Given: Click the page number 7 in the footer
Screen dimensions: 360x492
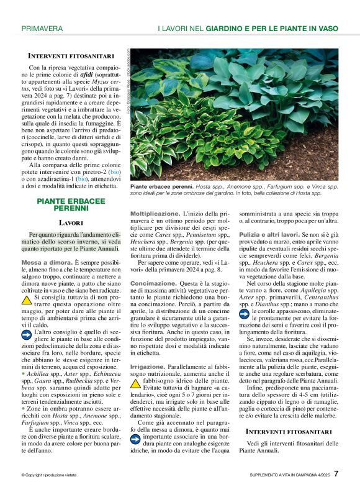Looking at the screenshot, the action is click(336, 474).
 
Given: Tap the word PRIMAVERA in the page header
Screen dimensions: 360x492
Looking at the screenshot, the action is click(42, 29).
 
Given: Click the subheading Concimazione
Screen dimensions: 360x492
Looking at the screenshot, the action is click(153, 283).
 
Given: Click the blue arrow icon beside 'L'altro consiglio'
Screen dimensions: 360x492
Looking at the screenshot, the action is click(27, 335).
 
